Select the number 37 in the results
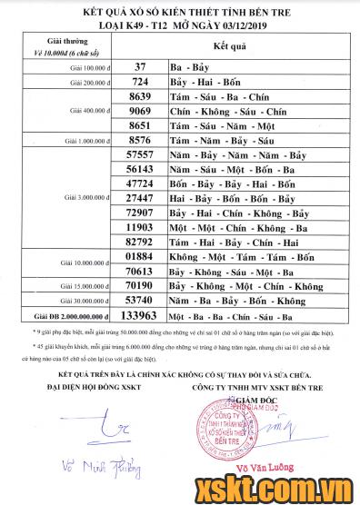(140, 67)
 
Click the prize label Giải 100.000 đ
(85, 67)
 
